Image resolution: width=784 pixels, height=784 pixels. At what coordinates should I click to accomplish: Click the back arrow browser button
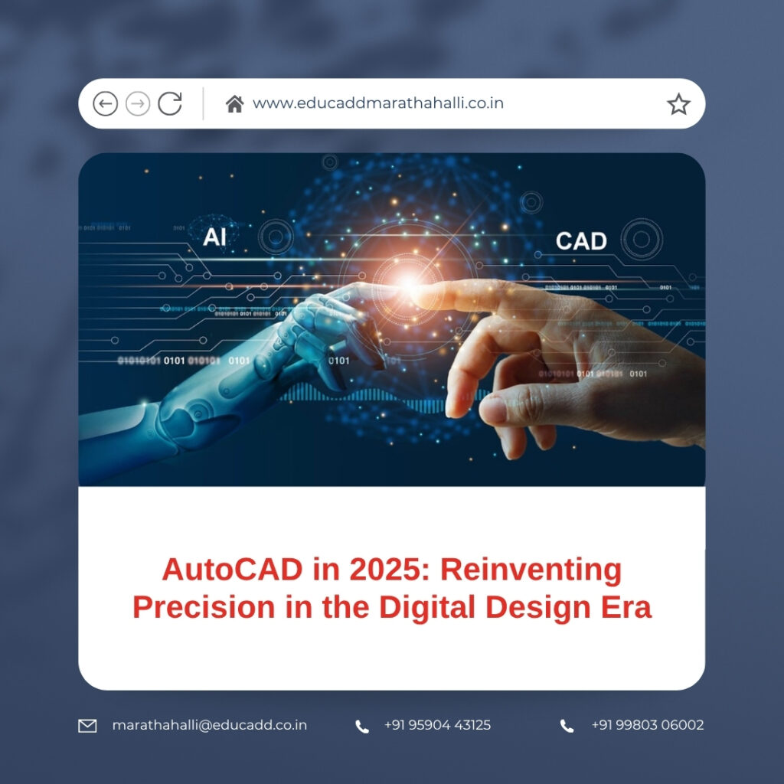click(105, 103)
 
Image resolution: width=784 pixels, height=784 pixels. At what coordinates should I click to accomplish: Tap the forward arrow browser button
click(138, 103)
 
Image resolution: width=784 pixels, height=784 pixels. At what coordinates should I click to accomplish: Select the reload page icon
click(170, 103)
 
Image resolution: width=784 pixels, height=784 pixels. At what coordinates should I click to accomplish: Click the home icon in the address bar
click(234, 103)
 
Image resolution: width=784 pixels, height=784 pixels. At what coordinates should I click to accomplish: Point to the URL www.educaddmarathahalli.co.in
click(377, 103)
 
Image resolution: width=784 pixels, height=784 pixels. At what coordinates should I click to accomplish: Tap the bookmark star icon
click(678, 104)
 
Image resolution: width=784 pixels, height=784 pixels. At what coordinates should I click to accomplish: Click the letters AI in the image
click(214, 237)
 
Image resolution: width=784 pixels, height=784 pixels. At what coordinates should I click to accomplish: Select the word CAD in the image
click(581, 241)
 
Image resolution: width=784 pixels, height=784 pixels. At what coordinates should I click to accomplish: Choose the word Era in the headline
click(626, 607)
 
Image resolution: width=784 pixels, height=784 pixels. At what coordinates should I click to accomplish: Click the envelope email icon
click(88, 726)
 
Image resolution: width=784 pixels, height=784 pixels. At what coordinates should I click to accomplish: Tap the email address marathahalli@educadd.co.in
click(209, 725)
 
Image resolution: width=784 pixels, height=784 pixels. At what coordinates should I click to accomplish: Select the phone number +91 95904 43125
click(437, 725)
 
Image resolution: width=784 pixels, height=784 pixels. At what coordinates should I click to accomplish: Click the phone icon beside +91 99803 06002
click(567, 726)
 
